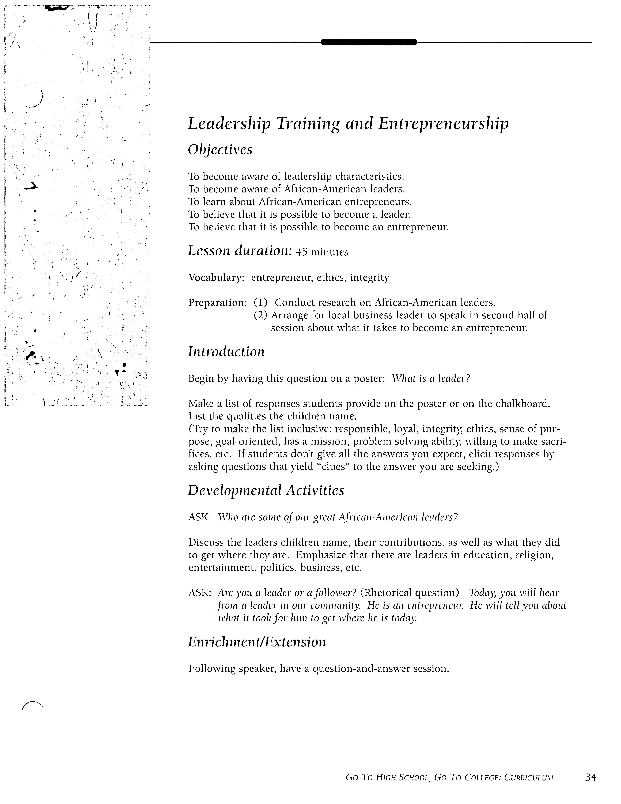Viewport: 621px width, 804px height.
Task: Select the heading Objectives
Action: [220, 150]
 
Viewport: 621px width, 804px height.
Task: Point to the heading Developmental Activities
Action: [266, 490]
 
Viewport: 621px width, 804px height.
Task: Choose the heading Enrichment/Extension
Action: [257, 642]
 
